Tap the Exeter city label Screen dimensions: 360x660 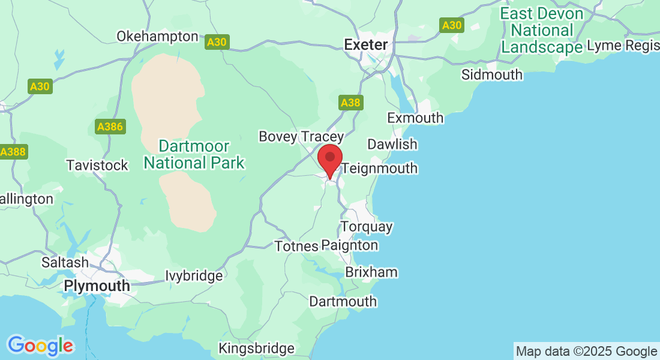click(365, 44)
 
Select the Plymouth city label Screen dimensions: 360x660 click(97, 286)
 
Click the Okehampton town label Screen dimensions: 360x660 click(157, 36)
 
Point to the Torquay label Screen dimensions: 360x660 click(367, 227)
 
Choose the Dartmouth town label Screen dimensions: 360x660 click(343, 301)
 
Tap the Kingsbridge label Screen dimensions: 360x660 click(257, 348)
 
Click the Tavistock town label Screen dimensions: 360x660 click(97, 165)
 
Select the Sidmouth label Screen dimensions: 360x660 click(492, 74)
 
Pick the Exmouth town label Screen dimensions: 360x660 click(415, 118)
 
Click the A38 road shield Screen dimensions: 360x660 click(350, 103)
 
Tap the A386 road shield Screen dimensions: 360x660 click(110, 127)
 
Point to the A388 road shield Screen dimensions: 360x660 click(13, 152)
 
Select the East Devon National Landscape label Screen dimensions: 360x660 click(542, 30)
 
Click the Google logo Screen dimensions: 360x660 click(40, 346)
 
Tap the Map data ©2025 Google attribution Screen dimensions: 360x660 click(586, 351)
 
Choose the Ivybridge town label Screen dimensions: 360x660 click(194, 276)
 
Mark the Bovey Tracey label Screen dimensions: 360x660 click(301, 137)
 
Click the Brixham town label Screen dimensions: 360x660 click(371, 272)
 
